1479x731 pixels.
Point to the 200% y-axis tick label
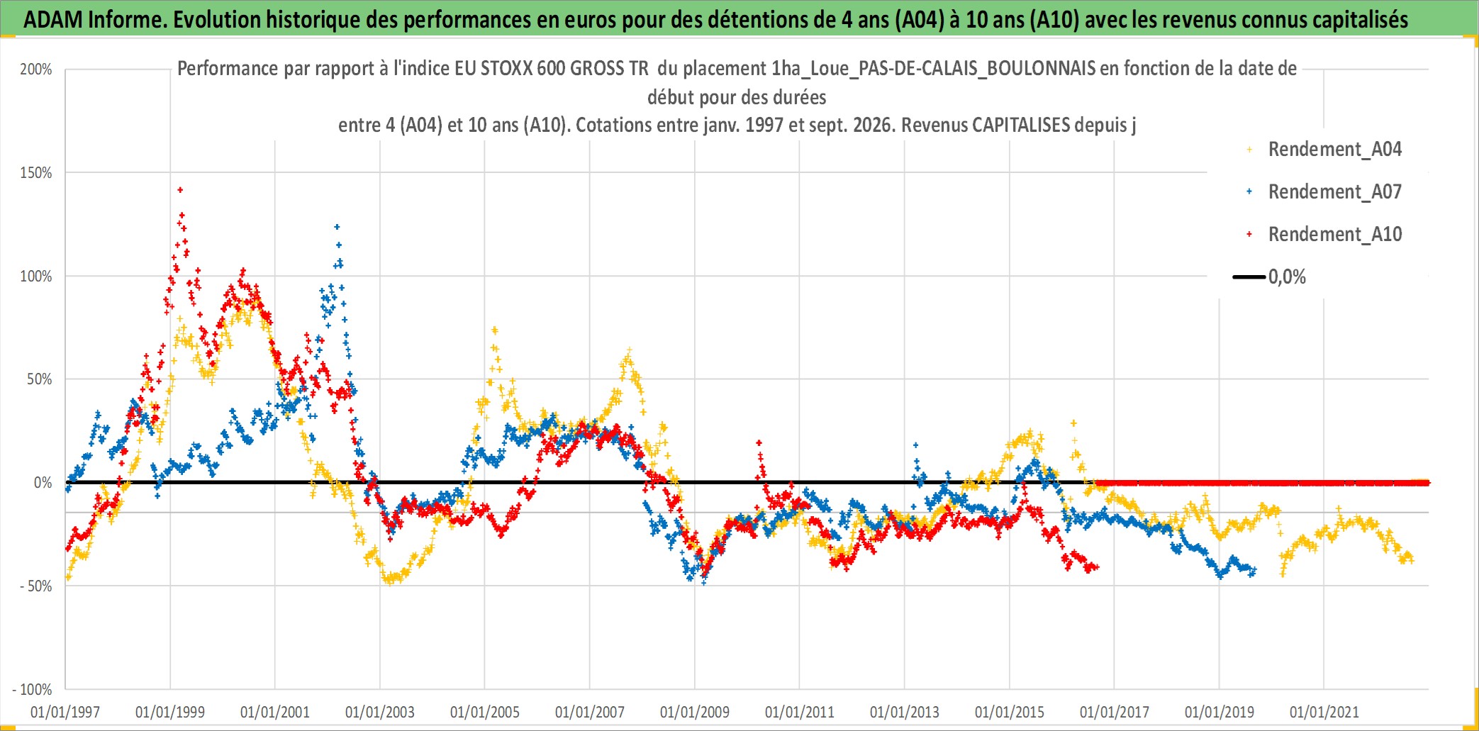36,69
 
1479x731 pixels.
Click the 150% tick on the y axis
36,173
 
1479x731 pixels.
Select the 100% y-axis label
36,277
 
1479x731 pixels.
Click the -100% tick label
33,689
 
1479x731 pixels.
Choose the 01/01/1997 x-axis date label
65,712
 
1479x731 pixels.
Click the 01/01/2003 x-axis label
380,712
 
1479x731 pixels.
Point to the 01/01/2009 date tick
695,712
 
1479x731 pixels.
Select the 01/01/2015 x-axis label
1010,712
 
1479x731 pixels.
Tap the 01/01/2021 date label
1324,712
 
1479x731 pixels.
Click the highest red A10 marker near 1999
180,190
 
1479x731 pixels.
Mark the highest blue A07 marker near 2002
337,228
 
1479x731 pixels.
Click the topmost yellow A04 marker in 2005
495,330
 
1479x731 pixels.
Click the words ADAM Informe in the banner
94,20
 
